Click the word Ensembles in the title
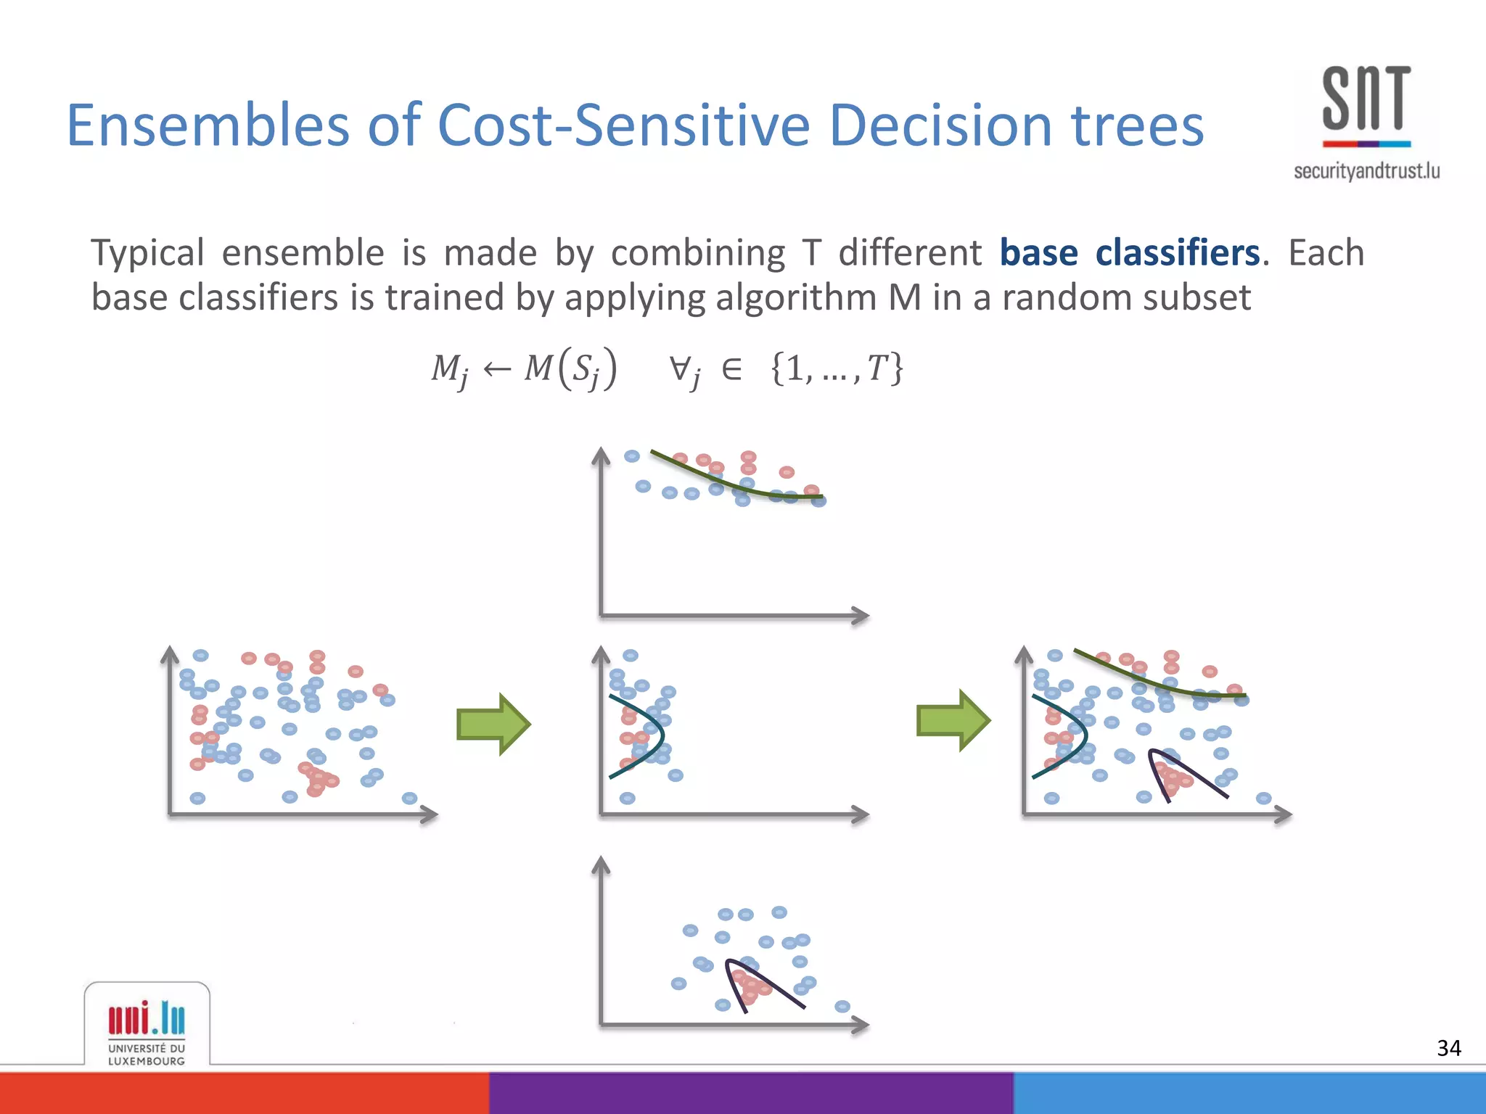(x=208, y=125)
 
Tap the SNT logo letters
(x=1366, y=99)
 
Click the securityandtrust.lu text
(x=1366, y=171)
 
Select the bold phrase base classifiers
(x=1129, y=252)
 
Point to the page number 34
(x=1448, y=1048)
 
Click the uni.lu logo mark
(x=147, y=1018)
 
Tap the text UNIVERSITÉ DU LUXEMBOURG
(x=147, y=1055)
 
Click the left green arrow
(x=493, y=724)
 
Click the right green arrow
(x=953, y=720)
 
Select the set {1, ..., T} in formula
(x=836, y=368)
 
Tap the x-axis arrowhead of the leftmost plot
(x=430, y=814)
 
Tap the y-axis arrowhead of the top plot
(x=601, y=456)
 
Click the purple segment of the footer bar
(x=751, y=1093)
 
